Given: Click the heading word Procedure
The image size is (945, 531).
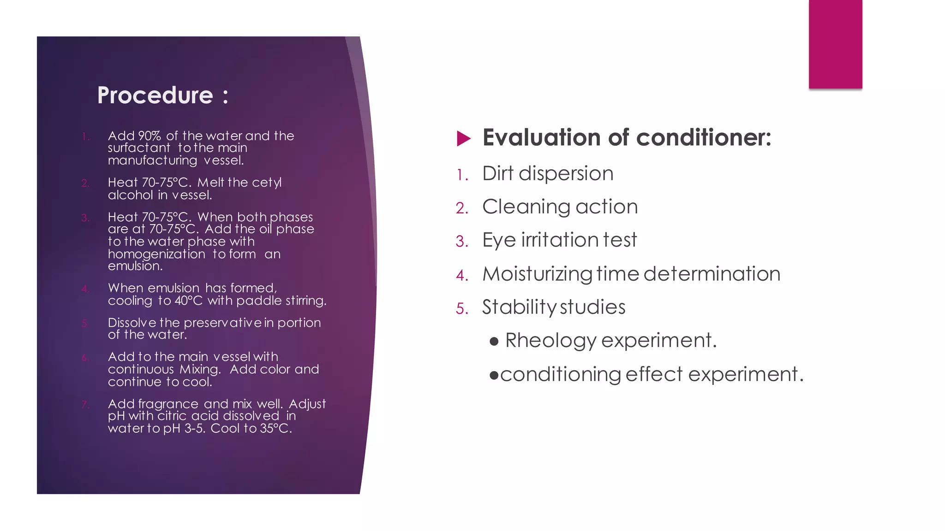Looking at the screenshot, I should tap(155, 95).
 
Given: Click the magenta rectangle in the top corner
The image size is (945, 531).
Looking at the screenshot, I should tap(835, 44).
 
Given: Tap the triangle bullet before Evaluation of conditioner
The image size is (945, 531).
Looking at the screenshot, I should tap(463, 138).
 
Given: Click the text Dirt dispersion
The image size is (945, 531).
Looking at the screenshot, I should tap(548, 174).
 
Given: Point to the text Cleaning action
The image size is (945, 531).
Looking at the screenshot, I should tap(560, 207).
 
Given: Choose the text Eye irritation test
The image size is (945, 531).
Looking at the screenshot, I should tap(559, 240).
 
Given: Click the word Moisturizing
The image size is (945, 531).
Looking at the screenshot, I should tap(537, 274).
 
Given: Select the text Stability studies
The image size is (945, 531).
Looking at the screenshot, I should tap(554, 307).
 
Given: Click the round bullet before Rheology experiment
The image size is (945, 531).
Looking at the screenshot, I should tap(494, 342).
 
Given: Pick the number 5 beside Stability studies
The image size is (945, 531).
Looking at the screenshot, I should tap(461, 309).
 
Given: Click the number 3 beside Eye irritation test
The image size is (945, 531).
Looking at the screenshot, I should tap(461, 242).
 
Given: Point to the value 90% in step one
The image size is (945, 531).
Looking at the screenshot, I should tap(150, 136).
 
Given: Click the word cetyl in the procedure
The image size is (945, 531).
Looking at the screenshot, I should tap(267, 183).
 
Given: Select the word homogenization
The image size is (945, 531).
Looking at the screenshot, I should tap(156, 254).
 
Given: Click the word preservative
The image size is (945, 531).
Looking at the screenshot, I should tap(223, 323).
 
